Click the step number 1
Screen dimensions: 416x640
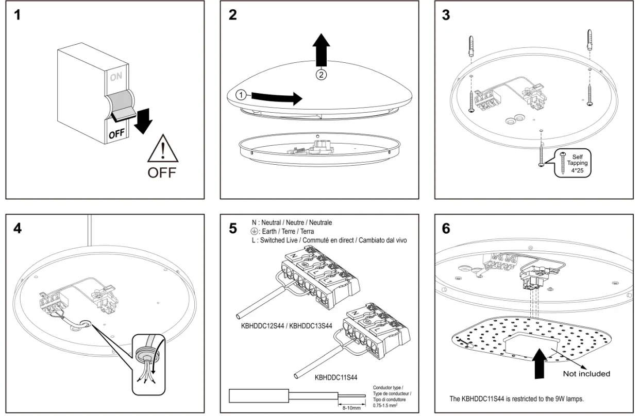(x=18, y=15)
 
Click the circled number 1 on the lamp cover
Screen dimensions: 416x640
(x=240, y=95)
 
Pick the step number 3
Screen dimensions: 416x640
(x=446, y=15)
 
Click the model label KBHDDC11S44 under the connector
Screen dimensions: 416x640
(x=335, y=377)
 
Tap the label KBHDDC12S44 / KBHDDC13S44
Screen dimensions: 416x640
(x=287, y=325)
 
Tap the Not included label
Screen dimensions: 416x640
(x=586, y=374)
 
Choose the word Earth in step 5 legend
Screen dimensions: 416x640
(x=270, y=231)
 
